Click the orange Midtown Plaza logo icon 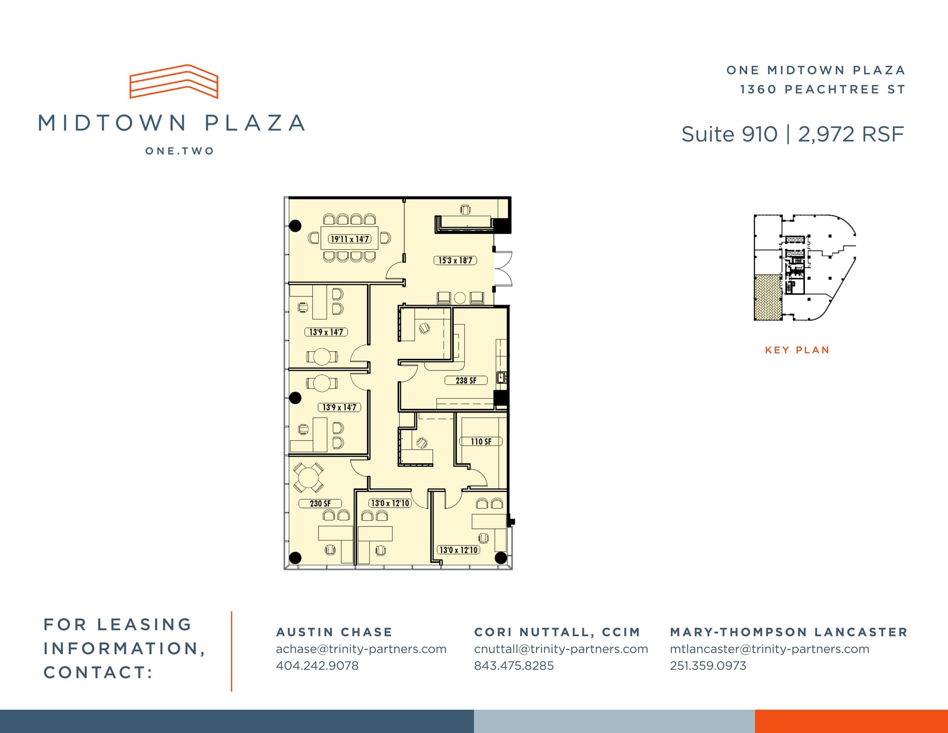coord(174,81)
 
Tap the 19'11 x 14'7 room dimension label coord(349,239)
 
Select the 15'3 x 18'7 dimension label coord(455,260)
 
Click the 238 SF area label coord(466,381)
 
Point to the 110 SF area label coord(481,442)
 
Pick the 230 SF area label coord(320,503)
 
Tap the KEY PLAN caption coord(797,350)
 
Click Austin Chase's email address coord(361,649)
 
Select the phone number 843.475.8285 coord(514,666)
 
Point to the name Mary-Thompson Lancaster coord(789,632)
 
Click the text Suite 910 coord(729,134)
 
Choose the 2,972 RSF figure coord(851,134)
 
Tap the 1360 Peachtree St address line coord(822,89)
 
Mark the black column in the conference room coord(295,226)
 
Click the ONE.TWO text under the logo coord(180,151)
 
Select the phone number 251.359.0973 coord(708,666)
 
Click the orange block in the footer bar coord(851,721)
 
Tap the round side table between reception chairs coord(460,298)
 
